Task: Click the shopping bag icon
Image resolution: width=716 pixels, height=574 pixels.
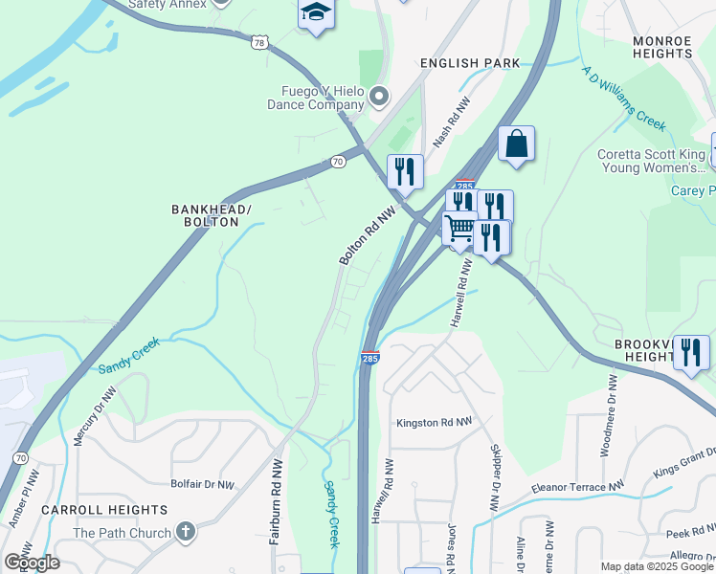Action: pos(516,143)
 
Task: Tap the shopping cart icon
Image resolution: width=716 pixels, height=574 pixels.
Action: pos(459,228)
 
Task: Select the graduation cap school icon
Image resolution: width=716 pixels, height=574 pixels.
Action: pos(315,13)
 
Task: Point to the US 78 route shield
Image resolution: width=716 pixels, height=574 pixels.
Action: pos(259,43)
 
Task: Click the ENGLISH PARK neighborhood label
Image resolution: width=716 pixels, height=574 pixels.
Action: pos(471,63)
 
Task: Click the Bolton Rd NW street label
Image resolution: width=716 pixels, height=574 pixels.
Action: pos(367,238)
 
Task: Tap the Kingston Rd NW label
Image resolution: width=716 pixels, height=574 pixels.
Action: pos(435,422)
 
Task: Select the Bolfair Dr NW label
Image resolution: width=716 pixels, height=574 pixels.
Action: pos(202,485)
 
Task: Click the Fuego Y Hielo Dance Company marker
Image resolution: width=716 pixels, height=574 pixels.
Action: pos(380,96)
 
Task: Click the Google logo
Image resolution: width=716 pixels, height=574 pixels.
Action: pos(32,563)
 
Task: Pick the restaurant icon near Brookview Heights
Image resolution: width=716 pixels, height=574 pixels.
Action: pos(691,352)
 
